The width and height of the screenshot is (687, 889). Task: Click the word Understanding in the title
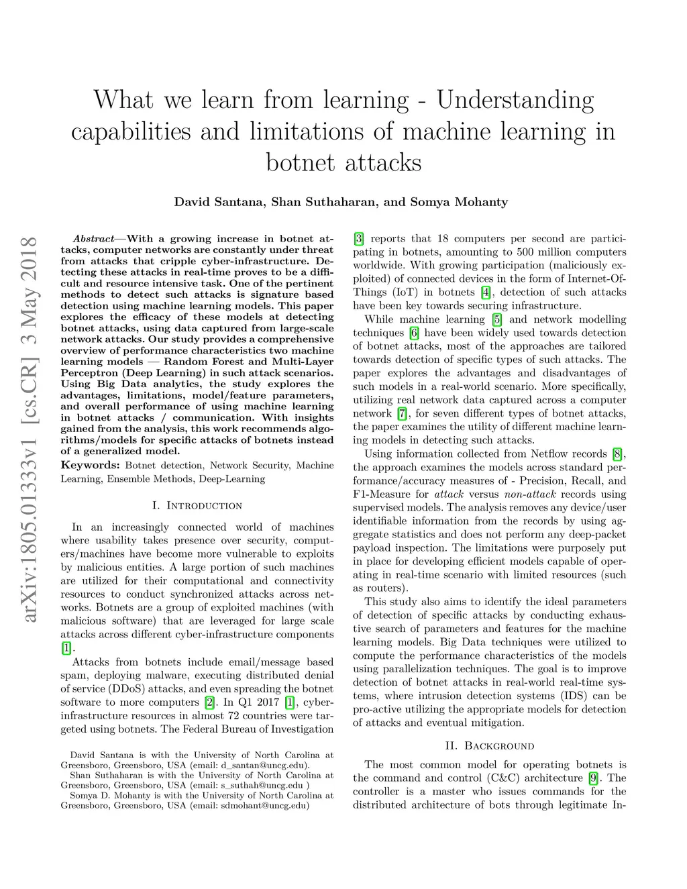515,100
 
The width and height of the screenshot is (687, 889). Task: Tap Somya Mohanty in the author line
460,202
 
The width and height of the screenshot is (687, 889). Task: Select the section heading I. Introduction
197,505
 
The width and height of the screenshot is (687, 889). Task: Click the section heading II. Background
490,745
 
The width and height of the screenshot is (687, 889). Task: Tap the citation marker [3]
359,239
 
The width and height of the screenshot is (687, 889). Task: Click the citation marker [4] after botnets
486,293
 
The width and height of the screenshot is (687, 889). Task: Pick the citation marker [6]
414,333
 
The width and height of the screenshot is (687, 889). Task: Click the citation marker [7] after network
402,413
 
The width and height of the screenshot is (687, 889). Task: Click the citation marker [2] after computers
209,702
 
